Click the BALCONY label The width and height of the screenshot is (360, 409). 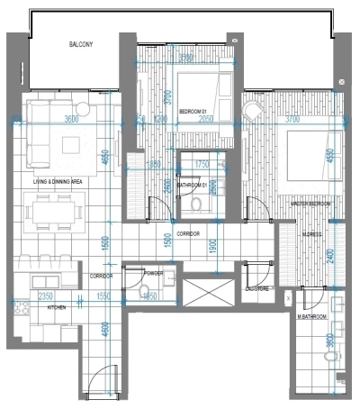click(x=81, y=43)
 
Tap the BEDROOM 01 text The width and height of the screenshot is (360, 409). click(x=194, y=111)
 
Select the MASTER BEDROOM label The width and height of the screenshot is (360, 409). click(x=310, y=204)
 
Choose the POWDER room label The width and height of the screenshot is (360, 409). click(x=152, y=272)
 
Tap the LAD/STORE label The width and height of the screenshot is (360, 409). click(x=257, y=288)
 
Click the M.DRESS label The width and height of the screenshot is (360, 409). click(x=312, y=234)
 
